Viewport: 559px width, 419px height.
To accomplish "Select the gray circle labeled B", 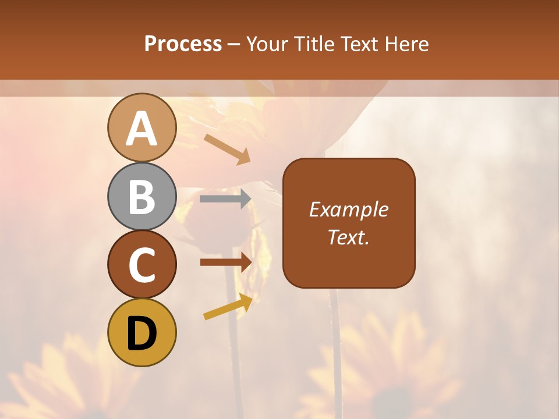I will pyautogui.click(x=141, y=196).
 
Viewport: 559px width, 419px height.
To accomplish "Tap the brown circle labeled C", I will pyautogui.click(x=141, y=264).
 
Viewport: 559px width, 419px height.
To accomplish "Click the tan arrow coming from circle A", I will pyautogui.click(x=228, y=149).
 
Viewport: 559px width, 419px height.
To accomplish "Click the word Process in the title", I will pyautogui.click(x=183, y=44).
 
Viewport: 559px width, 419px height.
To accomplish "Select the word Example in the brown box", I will pyautogui.click(x=348, y=210).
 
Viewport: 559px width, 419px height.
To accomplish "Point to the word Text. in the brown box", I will pyautogui.click(x=348, y=237).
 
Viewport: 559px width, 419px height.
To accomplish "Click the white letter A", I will pyautogui.click(x=142, y=129).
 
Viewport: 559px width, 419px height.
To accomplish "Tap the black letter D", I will pyautogui.click(x=142, y=333).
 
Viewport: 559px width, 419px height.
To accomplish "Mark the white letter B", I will pyautogui.click(x=142, y=197).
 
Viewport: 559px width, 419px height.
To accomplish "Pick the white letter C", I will pyautogui.click(x=142, y=265).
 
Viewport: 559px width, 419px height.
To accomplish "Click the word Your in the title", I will pyautogui.click(x=268, y=44).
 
